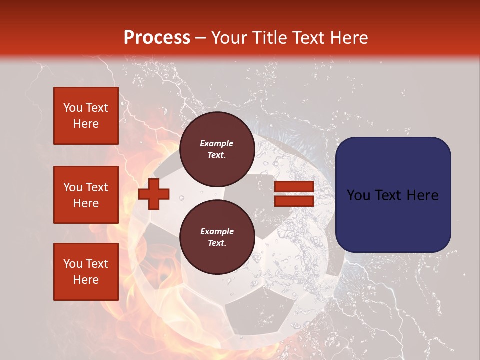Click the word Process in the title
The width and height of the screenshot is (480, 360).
[x=157, y=37]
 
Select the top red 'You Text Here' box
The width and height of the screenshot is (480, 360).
[x=86, y=116]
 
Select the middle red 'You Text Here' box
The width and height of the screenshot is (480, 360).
[x=86, y=195]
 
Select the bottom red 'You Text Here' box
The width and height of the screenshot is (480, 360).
[x=86, y=272]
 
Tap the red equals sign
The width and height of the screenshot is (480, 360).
[x=294, y=194]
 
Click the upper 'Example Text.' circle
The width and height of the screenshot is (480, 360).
[x=217, y=149]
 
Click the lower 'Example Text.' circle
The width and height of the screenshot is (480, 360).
[x=217, y=237]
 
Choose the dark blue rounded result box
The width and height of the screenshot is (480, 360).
[x=393, y=195]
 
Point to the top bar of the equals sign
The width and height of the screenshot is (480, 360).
[x=294, y=187]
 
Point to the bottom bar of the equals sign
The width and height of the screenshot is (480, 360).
[x=294, y=201]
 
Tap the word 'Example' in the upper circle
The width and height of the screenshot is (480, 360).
[x=217, y=143]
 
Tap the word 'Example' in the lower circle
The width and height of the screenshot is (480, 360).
[x=217, y=231]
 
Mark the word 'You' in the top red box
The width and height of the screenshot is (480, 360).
[x=73, y=108]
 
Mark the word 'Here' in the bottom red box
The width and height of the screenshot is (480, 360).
[x=86, y=280]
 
